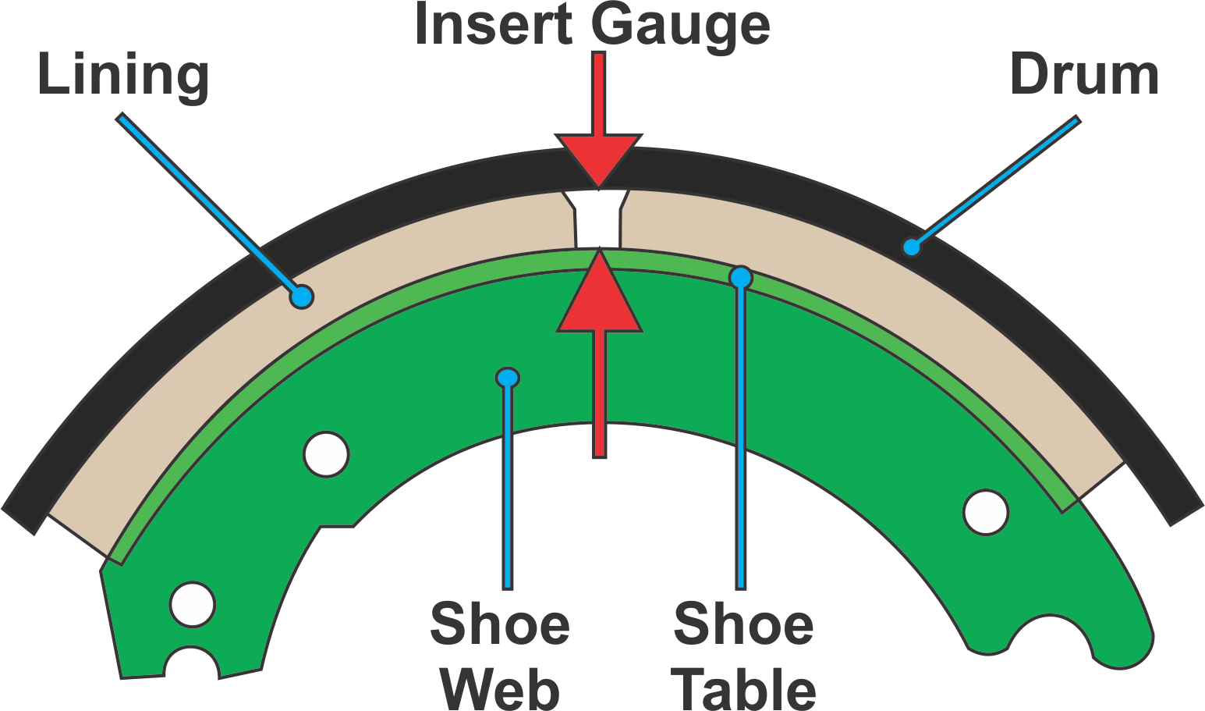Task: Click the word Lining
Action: click(123, 76)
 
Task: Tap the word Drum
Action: click(1084, 76)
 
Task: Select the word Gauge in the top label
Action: click(680, 26)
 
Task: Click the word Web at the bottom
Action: click(500, 690)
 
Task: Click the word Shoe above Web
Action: click(500, 624)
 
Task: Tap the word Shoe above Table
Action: click(743, 624)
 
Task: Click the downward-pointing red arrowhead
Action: click(599, 160)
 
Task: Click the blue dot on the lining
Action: click(301, 297)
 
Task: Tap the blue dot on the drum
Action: click(911, 247)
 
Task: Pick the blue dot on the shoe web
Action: click(508, 379)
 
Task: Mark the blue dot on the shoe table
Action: click(740, 277)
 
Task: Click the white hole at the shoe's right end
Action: click(986, 512)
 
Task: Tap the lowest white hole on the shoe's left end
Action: click(193, 604)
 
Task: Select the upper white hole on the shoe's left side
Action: click(326, 453)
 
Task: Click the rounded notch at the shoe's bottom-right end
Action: click(1045, 636)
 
